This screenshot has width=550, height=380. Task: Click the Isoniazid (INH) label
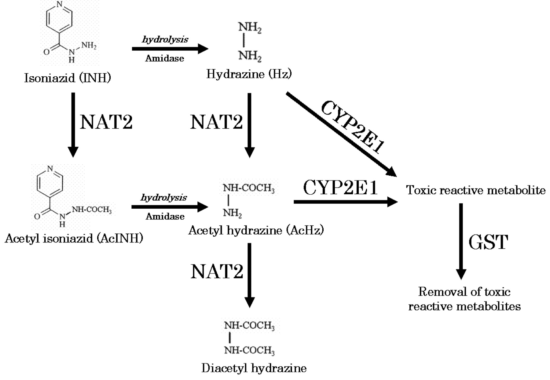[68, 78]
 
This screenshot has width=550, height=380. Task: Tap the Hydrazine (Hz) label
[249, 74]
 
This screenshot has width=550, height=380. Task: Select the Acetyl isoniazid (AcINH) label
[74, 238]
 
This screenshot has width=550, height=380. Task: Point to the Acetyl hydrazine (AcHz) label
[256, 230]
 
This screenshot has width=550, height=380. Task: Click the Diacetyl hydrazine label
[254, 368]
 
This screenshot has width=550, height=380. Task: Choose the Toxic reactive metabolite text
[476, 190]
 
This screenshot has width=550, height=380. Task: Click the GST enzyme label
[488, 242]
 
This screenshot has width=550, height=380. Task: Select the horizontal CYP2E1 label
[340, 188]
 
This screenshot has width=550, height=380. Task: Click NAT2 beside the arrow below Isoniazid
[106, 122]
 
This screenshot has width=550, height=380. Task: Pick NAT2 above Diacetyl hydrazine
[217, 271]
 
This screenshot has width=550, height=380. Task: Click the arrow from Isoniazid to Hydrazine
[170, 49]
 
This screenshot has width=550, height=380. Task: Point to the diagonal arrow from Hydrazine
[341, 134]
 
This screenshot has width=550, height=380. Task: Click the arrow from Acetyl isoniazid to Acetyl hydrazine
[170, 207]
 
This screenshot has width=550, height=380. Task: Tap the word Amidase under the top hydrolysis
[164, 58]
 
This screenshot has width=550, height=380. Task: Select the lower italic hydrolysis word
[164, 198]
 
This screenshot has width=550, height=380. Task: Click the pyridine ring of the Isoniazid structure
[59, 18]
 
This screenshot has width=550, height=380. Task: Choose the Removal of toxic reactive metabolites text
[464, 299]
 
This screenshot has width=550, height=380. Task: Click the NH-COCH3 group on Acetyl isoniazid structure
[92, 210]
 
